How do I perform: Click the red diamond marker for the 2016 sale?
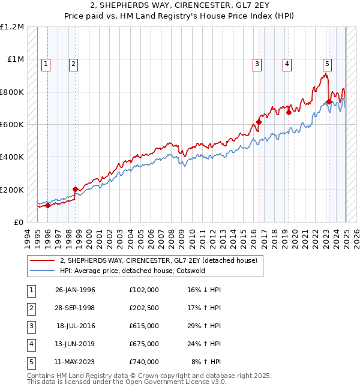259,122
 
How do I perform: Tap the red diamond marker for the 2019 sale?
289,112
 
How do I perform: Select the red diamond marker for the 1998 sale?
75,190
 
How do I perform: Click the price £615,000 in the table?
143,325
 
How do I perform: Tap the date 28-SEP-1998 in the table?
75,308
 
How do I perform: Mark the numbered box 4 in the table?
30,344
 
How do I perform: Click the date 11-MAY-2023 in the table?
75,362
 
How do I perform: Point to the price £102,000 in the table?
143,290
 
